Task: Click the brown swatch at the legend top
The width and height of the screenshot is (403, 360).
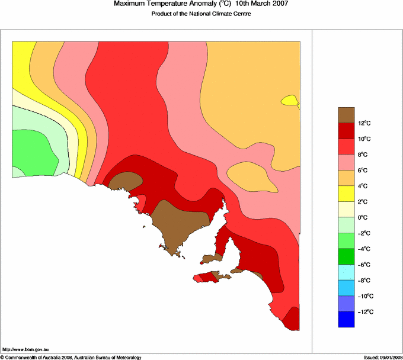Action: pyautogui.click(x=346, y=114)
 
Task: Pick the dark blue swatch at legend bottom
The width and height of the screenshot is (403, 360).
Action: pyautogui.click(x=346, y=319)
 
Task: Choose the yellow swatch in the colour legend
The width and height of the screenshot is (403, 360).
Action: pyautogui.click(x=346, y=193)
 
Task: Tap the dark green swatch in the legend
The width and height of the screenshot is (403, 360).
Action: pyautogui.click(x=346, y=256)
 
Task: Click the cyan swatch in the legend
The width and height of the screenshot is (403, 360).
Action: pyautogui.click(x=346, y=272)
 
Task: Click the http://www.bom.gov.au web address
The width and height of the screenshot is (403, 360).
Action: pyautogui.click(x=25, y=350)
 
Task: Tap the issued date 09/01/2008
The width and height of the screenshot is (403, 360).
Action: pyautogui.click(x=386, y=357)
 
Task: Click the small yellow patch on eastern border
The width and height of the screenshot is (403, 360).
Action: pyautogui.click(x=290, y=101)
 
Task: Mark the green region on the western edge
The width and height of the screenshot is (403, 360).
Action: pyautogui.click(x=33, y=151)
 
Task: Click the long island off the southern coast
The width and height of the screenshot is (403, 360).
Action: pyautogui.click(x=212, y=277)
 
